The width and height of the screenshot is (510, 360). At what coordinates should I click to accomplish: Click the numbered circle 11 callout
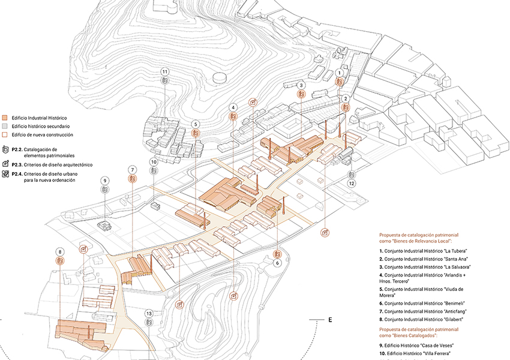click(x=165, y=72)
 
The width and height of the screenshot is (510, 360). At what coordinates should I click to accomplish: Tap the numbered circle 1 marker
click(x=340, y=73)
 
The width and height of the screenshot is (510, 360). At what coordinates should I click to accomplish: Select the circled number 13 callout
click(x=149, y=313)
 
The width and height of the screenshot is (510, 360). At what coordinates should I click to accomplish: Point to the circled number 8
click(x=60, y=252)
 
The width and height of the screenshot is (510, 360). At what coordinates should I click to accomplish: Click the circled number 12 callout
click(x=351, y=184)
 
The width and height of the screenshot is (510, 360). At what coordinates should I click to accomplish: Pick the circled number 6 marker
click(x=277, y=263)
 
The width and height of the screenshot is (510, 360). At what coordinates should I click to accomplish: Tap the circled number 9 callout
click(x=104, y=181)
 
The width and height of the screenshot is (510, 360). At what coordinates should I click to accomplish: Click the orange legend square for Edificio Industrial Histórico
click(x=5, y=118)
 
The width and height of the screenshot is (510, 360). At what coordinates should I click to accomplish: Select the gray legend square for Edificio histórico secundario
click(x=5, y=126)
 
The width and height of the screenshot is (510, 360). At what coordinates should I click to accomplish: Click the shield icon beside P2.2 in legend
click(x=5, y=149)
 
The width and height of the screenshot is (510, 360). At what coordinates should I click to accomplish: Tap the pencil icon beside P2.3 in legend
click(x=5, y=164)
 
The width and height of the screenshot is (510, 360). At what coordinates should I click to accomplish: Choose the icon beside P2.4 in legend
click(x=5, y=173)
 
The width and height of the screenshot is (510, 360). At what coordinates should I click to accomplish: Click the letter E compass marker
click(x=330, y=320)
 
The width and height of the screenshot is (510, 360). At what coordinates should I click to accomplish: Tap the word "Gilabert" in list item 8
click(x=453, y=319)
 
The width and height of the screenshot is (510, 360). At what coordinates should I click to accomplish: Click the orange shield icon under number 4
click(x=233, y=116)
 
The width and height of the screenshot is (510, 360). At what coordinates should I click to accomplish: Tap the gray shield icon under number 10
click(x=154, y=171)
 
